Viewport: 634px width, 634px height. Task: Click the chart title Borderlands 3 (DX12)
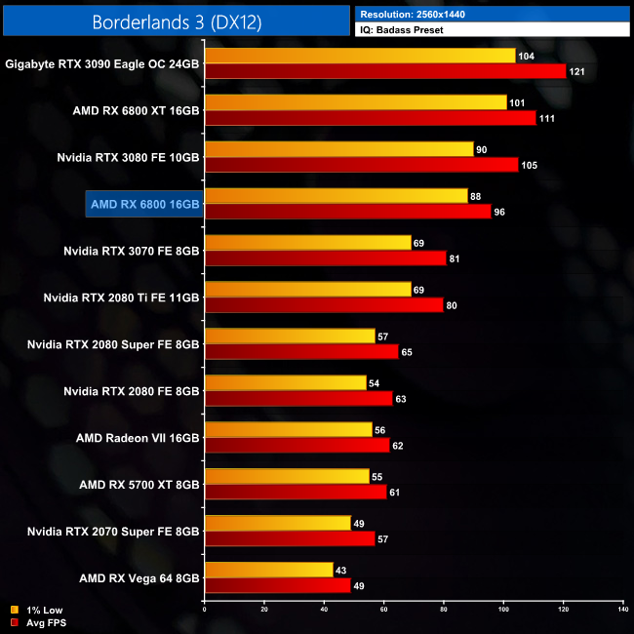click(177, 20)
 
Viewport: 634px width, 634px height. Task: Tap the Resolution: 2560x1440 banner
click(493, 14)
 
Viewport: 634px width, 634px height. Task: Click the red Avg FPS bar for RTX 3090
click(385, 71)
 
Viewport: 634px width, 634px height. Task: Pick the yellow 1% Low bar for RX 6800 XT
click(355, 102)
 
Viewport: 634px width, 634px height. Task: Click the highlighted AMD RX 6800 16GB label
click(144, 204)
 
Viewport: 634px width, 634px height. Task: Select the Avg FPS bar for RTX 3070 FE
click(325, 258)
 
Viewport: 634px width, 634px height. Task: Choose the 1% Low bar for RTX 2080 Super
click(290, 337)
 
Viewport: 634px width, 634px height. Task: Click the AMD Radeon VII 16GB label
click(138, 438)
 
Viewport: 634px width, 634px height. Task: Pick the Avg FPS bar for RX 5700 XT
click(296, 493)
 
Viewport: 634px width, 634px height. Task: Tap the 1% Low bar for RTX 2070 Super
click(277, 524)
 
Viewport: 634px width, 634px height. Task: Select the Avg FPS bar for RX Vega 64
click(277, 586)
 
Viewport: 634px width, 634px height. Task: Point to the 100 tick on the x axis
click(503, 609)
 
